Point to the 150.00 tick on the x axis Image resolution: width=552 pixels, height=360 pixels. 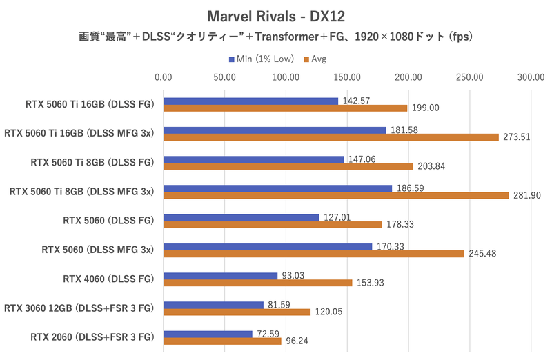(x=347, y=77)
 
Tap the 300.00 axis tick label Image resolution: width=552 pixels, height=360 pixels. (x=531, y=77)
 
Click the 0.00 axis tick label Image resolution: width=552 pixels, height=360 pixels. (x=164, y=77)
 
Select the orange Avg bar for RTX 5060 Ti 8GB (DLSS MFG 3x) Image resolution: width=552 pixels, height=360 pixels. (x=336, y=195)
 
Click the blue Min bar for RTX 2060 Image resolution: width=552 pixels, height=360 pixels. (x=208, y=334)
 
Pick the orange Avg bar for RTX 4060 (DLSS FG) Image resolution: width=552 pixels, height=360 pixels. (x=257, y=283)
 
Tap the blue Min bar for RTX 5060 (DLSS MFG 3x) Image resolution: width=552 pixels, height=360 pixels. (x=268, y=246)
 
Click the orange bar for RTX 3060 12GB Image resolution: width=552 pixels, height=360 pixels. (x=237, y=312)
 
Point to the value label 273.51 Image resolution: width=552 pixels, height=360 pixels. (x=515, y=137)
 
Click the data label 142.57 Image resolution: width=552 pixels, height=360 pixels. (x=356, y=101)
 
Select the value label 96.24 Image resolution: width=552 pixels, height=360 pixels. (x=299, y=341)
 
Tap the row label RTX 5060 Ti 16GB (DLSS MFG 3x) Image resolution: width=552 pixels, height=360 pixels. (x=79, y=133)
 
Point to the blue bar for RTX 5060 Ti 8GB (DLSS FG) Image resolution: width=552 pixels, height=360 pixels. (x=253, y=159)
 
